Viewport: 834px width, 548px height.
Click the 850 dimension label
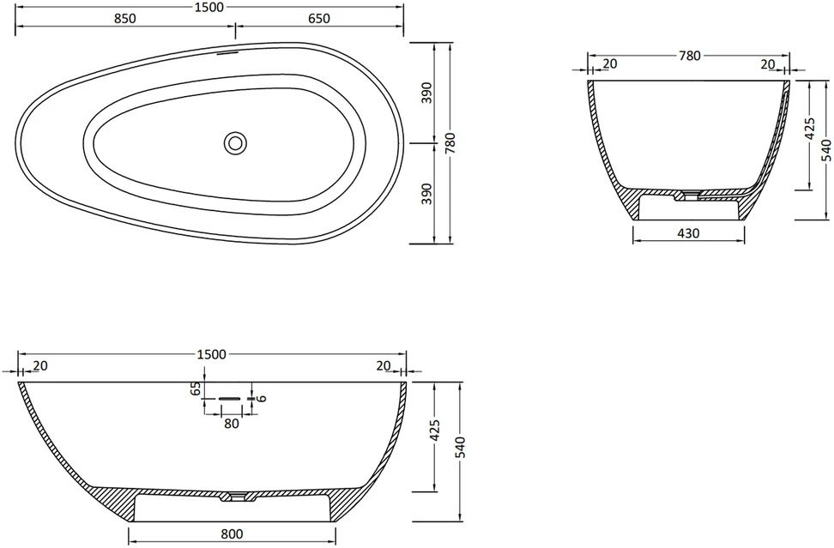[x=125, y=19]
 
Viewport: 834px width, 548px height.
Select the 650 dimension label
[x=319, y=19]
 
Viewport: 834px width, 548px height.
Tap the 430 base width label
[x=689, y=233]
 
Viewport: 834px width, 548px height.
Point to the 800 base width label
[x=232, y=533]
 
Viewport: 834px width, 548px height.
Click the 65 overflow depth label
[x=196, y=388]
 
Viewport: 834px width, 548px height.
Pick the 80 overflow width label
[x=232, y=424]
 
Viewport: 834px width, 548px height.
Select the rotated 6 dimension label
[x=261, y=398]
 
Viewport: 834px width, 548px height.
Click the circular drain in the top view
[x=235, y=143]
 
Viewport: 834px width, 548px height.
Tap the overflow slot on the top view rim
[x=228, y=53]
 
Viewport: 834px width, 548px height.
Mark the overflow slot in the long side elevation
[x=229, y=398]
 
